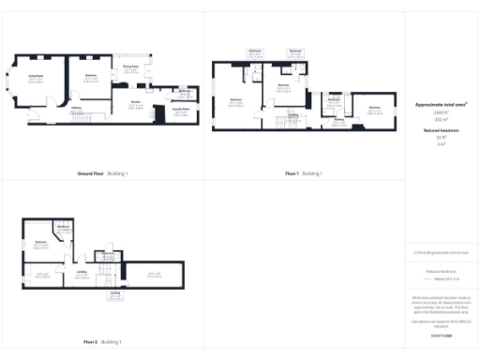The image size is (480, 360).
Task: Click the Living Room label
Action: [36, 80]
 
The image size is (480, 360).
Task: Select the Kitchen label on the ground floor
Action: [136, 104]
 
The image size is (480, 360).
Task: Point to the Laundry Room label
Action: [180, 110]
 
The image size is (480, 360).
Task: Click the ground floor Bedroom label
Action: [92, 74]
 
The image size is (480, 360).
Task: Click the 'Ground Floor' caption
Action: [91, 173]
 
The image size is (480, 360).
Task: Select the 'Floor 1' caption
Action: [292, 173]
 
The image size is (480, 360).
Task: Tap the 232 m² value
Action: [441, 119]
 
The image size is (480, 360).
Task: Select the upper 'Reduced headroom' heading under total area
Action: [441, 130]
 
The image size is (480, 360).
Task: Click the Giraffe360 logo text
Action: [441, 335]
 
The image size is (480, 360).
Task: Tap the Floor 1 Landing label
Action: [292, 114]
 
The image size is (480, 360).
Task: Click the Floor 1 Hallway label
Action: [336, 118]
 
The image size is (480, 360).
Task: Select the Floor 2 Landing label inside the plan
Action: [82, 273]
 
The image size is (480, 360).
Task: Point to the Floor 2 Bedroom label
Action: [41, 242]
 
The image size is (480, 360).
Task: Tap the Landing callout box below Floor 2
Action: [114, 295]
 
